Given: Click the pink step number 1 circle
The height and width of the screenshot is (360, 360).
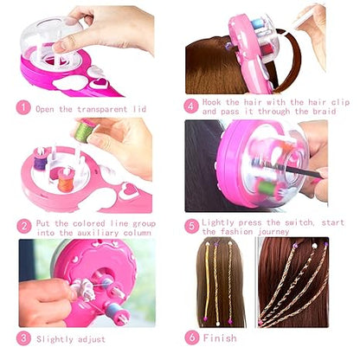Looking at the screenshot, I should (x=23, y=109).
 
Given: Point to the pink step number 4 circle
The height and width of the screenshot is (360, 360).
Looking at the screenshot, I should (x=192, y=107).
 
